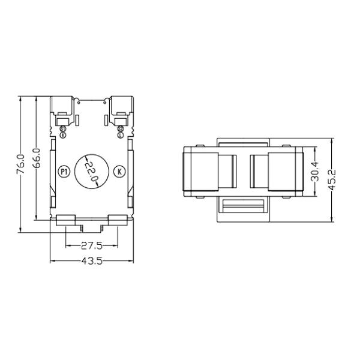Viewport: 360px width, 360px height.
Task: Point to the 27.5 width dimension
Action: pos(91,245)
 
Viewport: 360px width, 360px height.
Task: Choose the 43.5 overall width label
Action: pos(91,261)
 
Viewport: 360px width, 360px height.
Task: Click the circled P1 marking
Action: pos(64,172)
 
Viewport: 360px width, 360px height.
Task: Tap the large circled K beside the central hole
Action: pos(119,172)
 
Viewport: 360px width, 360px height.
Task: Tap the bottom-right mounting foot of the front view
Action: pos(118,220)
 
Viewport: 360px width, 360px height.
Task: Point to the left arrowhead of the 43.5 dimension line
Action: pos(52,261)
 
